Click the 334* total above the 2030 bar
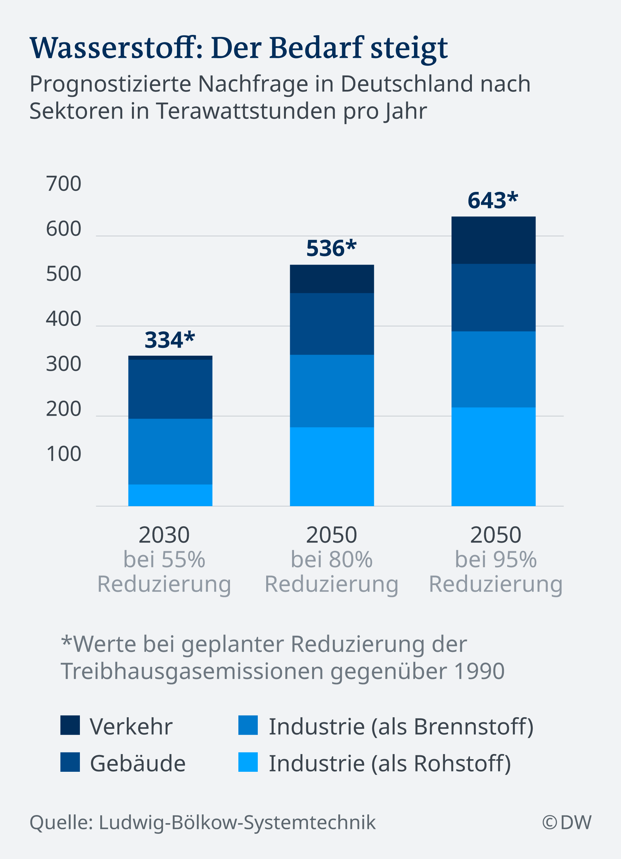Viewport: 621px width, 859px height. click(x=169, y=340)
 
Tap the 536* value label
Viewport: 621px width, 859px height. click(x=331, y=248)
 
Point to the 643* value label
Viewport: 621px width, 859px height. click(x=493, y=200)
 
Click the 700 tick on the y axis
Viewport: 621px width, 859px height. click(x=64, y=184)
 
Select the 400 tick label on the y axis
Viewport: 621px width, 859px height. click(x=64, y=319)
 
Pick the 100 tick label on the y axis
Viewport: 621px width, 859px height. click(x=64, y=454)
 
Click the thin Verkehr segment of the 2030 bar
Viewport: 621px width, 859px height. click(x=170, y=358)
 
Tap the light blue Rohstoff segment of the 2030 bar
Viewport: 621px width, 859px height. click(x=170, y=495)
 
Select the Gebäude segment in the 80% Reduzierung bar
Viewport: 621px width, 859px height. click(x=332, y=324)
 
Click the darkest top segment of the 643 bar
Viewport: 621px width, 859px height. click(x=493, y=240)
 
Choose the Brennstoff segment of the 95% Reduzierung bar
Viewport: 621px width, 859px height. click(x=493, y=369)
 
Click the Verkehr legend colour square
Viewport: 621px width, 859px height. click(x=70, y=725)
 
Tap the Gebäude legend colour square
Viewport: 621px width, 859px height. click(x=70, y=762)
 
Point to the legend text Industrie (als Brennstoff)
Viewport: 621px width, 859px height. click(x=401, y=727)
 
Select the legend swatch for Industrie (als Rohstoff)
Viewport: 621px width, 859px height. click(x=248, y=762)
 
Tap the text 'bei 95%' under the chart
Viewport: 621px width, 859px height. click(x=496, y=560)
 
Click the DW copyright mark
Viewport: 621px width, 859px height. click(x=567, y=822)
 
